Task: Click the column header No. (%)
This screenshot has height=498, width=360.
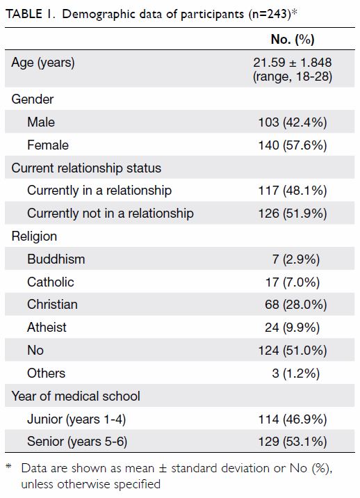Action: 293,40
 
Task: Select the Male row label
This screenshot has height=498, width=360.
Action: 41,122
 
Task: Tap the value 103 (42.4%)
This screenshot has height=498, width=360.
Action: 293,122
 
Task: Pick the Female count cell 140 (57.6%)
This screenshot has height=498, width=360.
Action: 293,145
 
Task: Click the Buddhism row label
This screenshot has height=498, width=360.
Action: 56,259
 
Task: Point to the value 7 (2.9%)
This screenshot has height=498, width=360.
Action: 295,259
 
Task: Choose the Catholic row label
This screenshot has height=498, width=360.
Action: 51,282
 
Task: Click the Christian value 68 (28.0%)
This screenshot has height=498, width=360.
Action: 295,305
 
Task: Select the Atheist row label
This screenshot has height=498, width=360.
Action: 47,328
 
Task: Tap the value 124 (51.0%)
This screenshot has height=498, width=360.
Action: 293,351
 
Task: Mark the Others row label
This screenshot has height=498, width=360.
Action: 47,373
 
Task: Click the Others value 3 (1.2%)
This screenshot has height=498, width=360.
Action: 295,373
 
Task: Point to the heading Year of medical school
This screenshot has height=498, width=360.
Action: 76,396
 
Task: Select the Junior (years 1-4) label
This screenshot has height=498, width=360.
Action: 76,419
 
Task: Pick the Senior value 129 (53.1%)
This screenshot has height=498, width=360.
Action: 293,442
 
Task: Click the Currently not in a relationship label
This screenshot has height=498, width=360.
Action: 111,213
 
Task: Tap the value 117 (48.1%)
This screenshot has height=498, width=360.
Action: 293,191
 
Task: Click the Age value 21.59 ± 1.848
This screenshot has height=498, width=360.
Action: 293,63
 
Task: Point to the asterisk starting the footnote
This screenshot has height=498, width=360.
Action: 8,466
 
